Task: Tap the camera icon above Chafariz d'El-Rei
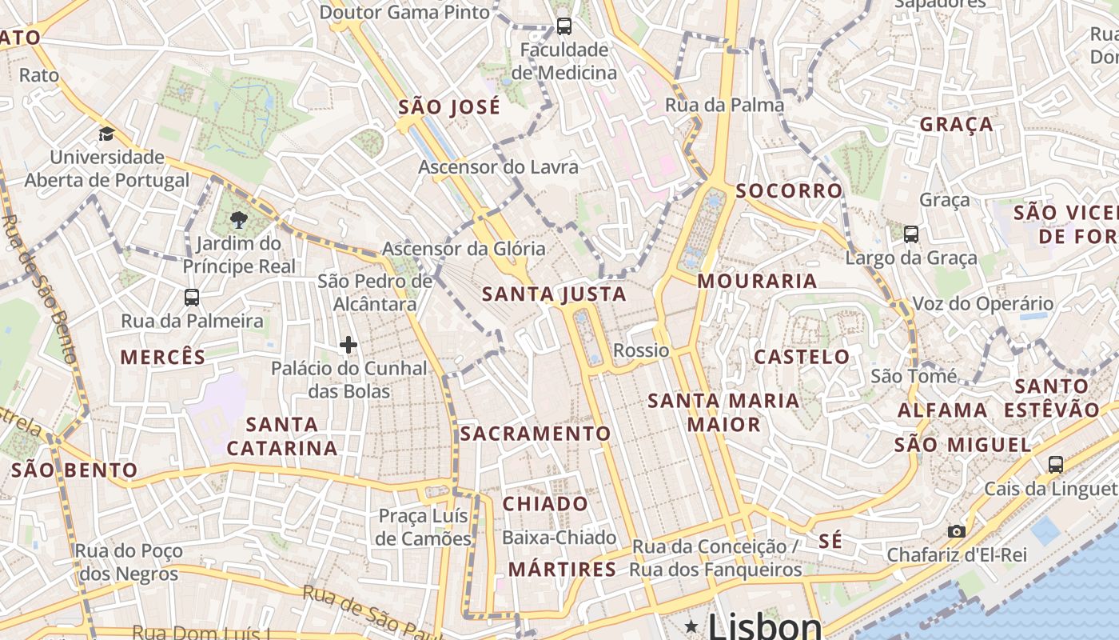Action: (956, 531)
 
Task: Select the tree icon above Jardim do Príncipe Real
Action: (238, 220)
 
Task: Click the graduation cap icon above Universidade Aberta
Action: (106, 134)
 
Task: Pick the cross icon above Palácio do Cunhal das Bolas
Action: (348, 345)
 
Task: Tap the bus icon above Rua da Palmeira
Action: (192, 298)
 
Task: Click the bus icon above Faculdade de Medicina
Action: (563, 26)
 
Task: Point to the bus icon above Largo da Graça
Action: (910, 234)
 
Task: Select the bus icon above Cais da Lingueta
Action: (1055, 464)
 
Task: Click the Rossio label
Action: (641, 350)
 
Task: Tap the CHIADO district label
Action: (545, 504)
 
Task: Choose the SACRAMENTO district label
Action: (536, 434)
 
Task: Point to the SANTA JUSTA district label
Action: (554, 294)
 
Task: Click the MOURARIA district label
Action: (757, 281)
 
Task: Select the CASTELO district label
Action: (802, 357)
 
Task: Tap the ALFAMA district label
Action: (942, 410)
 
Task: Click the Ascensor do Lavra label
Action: (498, 167)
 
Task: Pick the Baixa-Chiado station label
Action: (559, 538)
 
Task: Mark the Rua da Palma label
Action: (724, 105)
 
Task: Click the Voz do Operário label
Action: (982, 303)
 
